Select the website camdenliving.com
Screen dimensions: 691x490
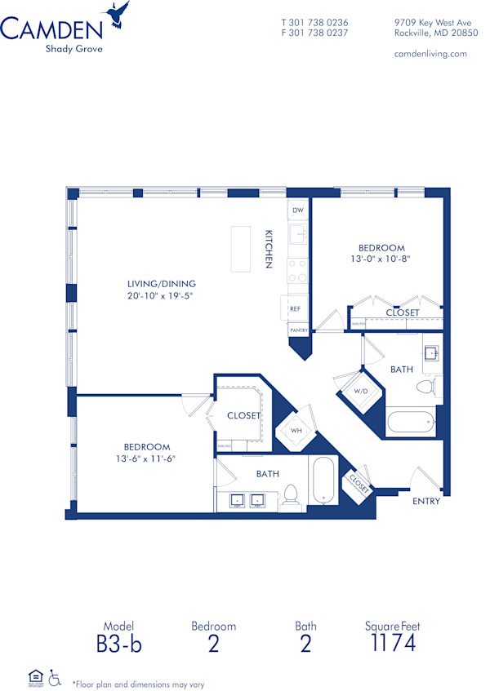point(430,53)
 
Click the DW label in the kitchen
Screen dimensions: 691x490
point(297,210)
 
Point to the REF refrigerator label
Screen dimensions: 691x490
point(296,309)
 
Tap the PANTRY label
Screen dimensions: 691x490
point(297,330)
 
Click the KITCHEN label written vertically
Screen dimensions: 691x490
point(268,249)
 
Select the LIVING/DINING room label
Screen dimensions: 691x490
point(167,284)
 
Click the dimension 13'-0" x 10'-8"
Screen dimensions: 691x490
point(381,259)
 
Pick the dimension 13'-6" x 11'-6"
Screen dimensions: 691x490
point(147,458)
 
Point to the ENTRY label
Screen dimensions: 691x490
point(425,501)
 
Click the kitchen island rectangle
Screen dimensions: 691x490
point(240,249)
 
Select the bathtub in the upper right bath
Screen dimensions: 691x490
point(410,423)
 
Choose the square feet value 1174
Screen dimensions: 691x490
point(392,643)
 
